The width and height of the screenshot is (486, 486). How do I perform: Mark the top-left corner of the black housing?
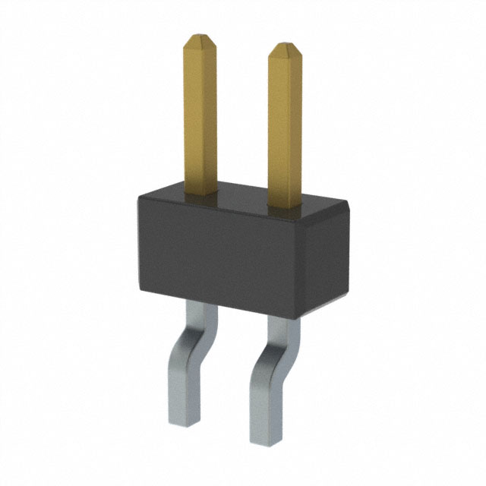click(139, 196)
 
